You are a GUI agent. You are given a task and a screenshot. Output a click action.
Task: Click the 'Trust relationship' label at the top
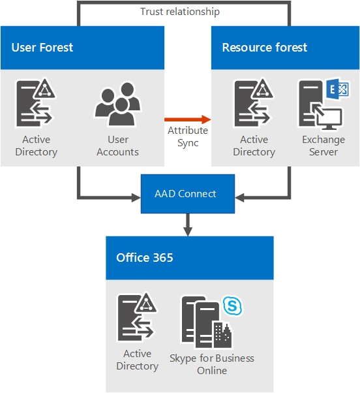click(x=180, y=12)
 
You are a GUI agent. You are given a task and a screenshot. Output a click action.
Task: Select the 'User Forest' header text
click(x=42, y=47)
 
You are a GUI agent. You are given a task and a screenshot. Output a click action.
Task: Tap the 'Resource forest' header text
click(x=264, y=47)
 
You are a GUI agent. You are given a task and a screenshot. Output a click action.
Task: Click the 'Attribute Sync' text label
click(x=188, y=136)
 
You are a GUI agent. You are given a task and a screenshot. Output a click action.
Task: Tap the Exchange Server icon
click(x=320, y=103)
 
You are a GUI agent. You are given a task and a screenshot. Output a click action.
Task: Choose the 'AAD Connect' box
click(x=185, y=194)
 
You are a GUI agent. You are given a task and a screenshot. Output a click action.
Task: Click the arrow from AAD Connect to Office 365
click(x=188, y=225)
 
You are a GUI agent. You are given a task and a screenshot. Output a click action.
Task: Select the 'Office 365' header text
click(x=145, y=257)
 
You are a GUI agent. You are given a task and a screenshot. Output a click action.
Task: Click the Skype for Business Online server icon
click(x=207, y=322)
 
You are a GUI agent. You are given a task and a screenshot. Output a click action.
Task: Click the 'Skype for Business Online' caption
click(x=212, y=364)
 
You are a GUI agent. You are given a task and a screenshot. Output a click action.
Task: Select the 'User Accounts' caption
click(x=117, y=146)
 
